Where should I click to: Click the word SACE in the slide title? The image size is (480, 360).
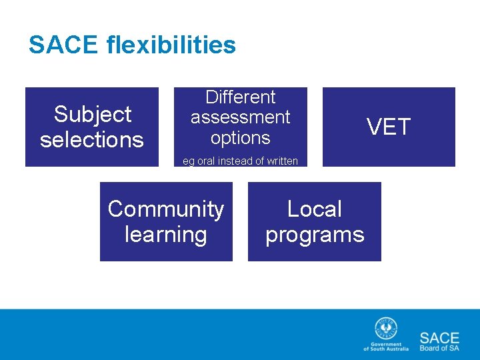[64, 45]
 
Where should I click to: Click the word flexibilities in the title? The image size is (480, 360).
[171, 45]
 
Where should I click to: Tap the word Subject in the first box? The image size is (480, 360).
[92, 114]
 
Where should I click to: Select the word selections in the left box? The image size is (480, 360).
[92, 139]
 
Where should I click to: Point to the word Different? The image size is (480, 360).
[240, 97]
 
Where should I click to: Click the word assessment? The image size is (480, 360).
[240, 117]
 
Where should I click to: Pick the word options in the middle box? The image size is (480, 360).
[240, 138]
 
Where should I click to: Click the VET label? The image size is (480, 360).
[389, 127]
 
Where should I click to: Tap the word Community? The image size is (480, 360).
[166, 209]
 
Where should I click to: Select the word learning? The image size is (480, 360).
[166, 235]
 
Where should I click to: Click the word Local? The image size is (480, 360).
[314, 209]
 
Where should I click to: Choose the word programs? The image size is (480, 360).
[315, 235]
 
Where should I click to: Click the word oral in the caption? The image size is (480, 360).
[205, 161]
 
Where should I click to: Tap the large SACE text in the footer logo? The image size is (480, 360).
[439, 337]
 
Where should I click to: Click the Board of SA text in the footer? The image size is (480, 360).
[439, 348]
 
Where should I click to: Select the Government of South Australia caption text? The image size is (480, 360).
[383, 347]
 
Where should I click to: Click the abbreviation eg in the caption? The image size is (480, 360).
[188, 161]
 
